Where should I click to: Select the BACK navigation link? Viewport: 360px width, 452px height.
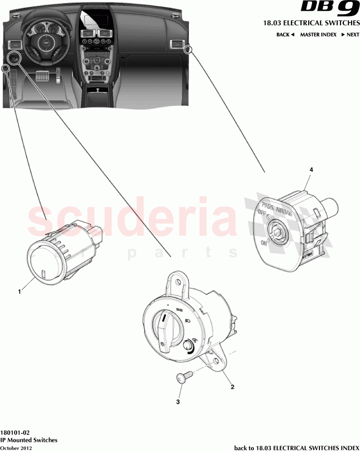click(x=285, y=35)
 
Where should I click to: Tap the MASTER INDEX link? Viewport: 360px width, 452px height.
click(x=318, y=35)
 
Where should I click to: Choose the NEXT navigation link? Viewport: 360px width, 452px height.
click(x=350, y=35)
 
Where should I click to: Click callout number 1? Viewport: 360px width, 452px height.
click(x=19, y=292)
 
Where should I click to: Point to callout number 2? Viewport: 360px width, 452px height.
click(x=232, y=387)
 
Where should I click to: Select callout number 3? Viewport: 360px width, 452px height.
click(x=178, y=402)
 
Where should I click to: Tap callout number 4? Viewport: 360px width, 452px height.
click(x=311, y=169)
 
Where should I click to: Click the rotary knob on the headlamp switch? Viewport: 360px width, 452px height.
click(x=166, y=326)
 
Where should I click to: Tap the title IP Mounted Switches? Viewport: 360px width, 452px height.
click(x=29, y=440)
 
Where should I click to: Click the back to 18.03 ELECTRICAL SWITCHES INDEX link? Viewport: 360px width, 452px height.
click(x=296, y=447)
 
